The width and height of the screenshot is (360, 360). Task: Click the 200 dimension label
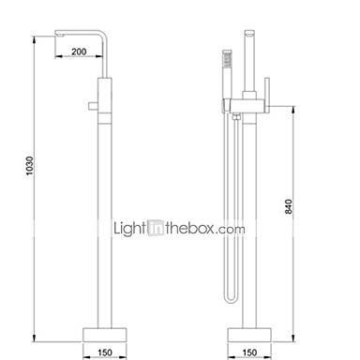click(x=79, y=52)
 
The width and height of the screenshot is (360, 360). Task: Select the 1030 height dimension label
click(x=29, y=166)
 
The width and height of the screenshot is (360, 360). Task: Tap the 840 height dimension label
click(x=289, y=206)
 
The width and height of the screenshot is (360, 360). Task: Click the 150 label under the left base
click(x=105, y=352)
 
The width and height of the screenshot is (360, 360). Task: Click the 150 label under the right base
click(x=249, y=352)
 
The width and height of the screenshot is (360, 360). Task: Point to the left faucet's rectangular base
click(x=105, y=335)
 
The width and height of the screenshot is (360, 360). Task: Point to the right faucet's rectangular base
click(x=249, y=335)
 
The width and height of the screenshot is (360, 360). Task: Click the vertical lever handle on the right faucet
click(x=267, y=95)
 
